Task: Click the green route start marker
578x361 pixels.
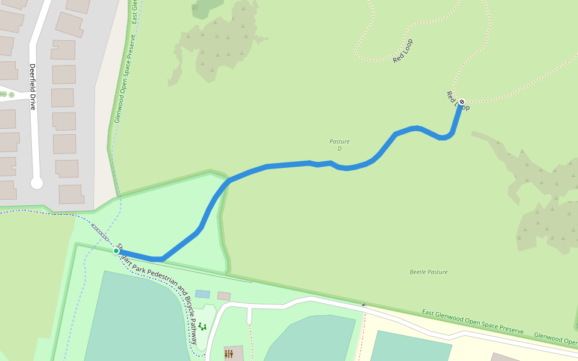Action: coord(116,250)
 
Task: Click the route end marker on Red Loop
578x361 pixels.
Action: coord(462,102)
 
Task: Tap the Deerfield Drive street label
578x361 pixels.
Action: coord(33,87)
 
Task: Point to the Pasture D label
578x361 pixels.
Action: coord(339,145)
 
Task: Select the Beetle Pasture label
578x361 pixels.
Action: coord(428,272)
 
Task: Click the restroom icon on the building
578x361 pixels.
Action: coord(228,354)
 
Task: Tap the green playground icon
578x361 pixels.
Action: coord(202,326)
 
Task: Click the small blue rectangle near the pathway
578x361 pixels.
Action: coord(203,294)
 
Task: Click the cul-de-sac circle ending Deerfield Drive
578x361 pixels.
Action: coord(37,183)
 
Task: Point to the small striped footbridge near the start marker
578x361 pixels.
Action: coord(99,232)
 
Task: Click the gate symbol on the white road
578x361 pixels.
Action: coord(364,305)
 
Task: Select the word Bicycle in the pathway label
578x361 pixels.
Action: coord(183,303)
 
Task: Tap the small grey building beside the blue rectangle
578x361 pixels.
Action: coord(224,296)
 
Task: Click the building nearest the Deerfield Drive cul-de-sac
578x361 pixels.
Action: coord(71,194)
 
